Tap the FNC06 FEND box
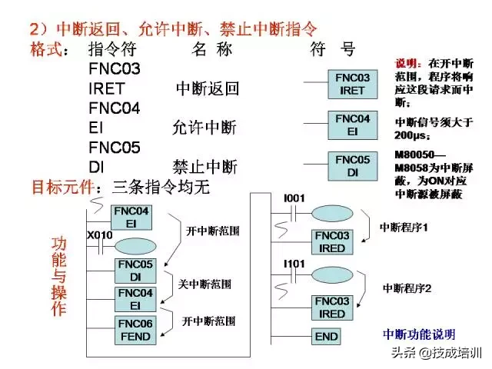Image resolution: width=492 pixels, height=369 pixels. (135, 330)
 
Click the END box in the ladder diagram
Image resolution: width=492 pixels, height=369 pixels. (327, 336)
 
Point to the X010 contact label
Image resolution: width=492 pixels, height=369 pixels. (100, 234)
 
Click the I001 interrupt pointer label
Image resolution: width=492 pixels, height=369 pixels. (294, 198)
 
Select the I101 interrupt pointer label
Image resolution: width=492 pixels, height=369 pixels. (294, 264)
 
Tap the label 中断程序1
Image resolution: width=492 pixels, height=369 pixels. (404, 228)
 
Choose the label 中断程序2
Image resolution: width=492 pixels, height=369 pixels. (407, 288)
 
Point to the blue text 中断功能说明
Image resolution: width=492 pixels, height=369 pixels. (419, 334)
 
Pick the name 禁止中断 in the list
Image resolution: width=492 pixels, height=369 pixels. (204, 167)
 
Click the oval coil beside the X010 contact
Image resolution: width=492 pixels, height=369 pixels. (135, 248)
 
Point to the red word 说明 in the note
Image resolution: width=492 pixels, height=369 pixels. (407, 62)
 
